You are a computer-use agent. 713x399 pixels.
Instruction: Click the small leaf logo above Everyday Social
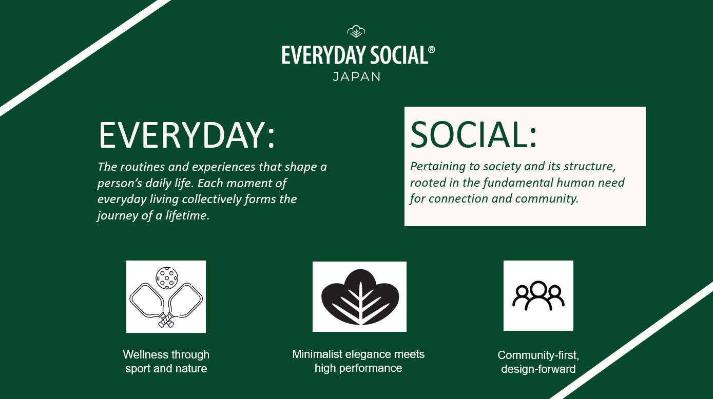pyautogui.click(x=356, y=32)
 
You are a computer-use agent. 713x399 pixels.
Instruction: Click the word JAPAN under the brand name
pyautogui.click(x=356, y=77)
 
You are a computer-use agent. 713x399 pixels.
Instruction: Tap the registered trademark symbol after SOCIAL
pyautogui.click(x=431, y=50)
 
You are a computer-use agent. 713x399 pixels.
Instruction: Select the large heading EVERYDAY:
pyautogui.click(x=186, y=135)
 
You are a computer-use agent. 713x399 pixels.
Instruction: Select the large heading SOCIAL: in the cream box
pyautogui.click(x=473, y=134)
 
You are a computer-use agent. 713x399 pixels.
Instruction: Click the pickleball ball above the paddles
pyautogui.click(x=166, y=277)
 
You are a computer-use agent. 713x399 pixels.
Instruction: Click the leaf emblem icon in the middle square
pyautogui.click(x=359, y=297)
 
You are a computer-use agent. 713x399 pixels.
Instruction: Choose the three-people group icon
pyautogui.click(x=538, y=296)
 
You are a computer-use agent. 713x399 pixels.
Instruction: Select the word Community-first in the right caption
pyautogui.click(x=538, y=355)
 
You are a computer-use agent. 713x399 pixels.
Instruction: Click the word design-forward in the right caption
pyautogui.click(x=538, y=369)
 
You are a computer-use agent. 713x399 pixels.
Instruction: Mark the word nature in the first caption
pyautogui.click(x=190, y=369)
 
